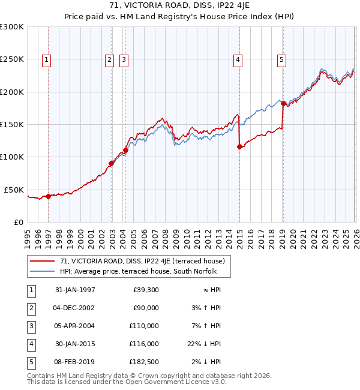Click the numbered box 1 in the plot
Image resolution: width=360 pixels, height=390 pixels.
coord(47,59)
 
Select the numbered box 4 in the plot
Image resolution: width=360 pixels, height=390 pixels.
coord(238,59)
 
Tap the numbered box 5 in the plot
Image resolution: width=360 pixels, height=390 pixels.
coord(281,59)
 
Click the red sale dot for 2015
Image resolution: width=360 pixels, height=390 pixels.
coord(239,146)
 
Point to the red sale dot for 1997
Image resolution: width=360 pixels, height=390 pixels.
coord(49,196)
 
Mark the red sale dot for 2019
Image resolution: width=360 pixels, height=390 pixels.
coord(283,103)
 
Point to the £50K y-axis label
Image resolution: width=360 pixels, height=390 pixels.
coord(14,190)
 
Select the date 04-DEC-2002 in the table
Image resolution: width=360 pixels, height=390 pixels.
coord(75,308)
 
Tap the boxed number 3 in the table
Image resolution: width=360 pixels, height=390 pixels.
coord(29,326)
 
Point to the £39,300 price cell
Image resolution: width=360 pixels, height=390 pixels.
coord(145,290)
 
